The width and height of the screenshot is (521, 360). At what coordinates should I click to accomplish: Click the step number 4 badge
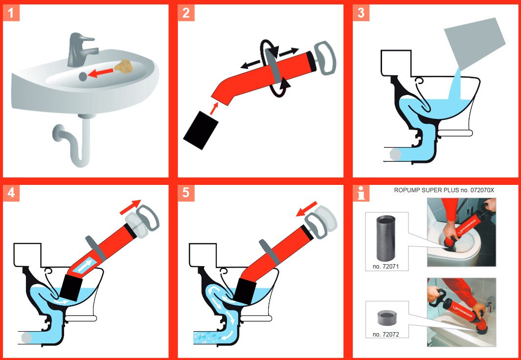click(11, 193)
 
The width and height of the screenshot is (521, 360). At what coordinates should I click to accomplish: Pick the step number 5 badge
click(186, 193)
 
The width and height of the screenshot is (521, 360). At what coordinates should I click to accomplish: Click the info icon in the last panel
click(361, 193)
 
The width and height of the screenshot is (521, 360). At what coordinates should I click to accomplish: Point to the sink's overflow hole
click(82, 76)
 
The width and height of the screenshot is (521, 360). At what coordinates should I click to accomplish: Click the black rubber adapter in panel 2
click(201, 130)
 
